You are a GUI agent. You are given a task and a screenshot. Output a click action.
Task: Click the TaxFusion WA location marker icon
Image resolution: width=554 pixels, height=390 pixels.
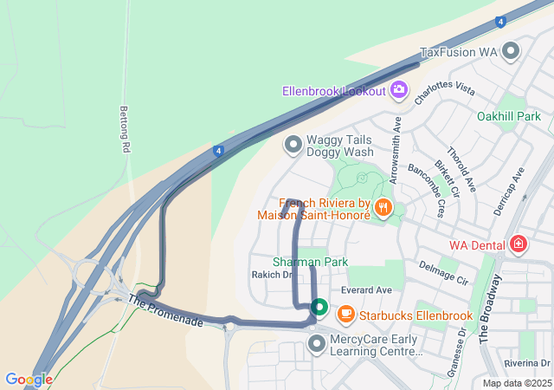pyautogui.click(x=512, y=51)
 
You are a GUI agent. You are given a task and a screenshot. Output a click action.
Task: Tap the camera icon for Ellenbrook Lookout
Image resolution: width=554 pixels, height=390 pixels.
pyautogui.click(x=398, y=89)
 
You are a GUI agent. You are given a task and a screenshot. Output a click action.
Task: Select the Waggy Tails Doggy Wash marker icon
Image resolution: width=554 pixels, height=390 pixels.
pyautogui.click(x=293, y=145)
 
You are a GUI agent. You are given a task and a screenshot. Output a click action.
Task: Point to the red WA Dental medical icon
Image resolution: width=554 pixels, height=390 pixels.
pyautogui.click(x=518, y=245)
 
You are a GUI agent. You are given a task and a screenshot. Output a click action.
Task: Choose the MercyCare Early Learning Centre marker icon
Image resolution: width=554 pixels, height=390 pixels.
pyautogui.click(x=317, y=345)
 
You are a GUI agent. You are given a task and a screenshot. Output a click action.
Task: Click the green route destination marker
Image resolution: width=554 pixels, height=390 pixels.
pyautogui.click(x=319, y=307)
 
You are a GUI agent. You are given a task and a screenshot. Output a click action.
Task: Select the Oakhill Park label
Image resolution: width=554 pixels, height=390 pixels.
pyautogui.click(x=508, y=115)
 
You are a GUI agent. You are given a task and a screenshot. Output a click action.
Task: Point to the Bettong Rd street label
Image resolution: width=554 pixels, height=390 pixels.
pyautogui.click(x=123, y=130)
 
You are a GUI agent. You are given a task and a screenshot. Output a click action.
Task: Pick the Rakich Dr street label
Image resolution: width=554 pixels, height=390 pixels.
pyautogui.click(x=272, y=275)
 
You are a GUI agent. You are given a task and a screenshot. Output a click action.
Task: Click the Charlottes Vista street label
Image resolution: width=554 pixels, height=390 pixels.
pyautogui.click(x=445, y=94)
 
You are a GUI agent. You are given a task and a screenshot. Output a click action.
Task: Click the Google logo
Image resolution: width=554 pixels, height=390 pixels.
pyautogui.click(x=28, y=380)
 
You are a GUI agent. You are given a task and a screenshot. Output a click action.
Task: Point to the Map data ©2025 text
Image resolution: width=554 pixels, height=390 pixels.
pyautogui.click(x=517, y=383)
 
